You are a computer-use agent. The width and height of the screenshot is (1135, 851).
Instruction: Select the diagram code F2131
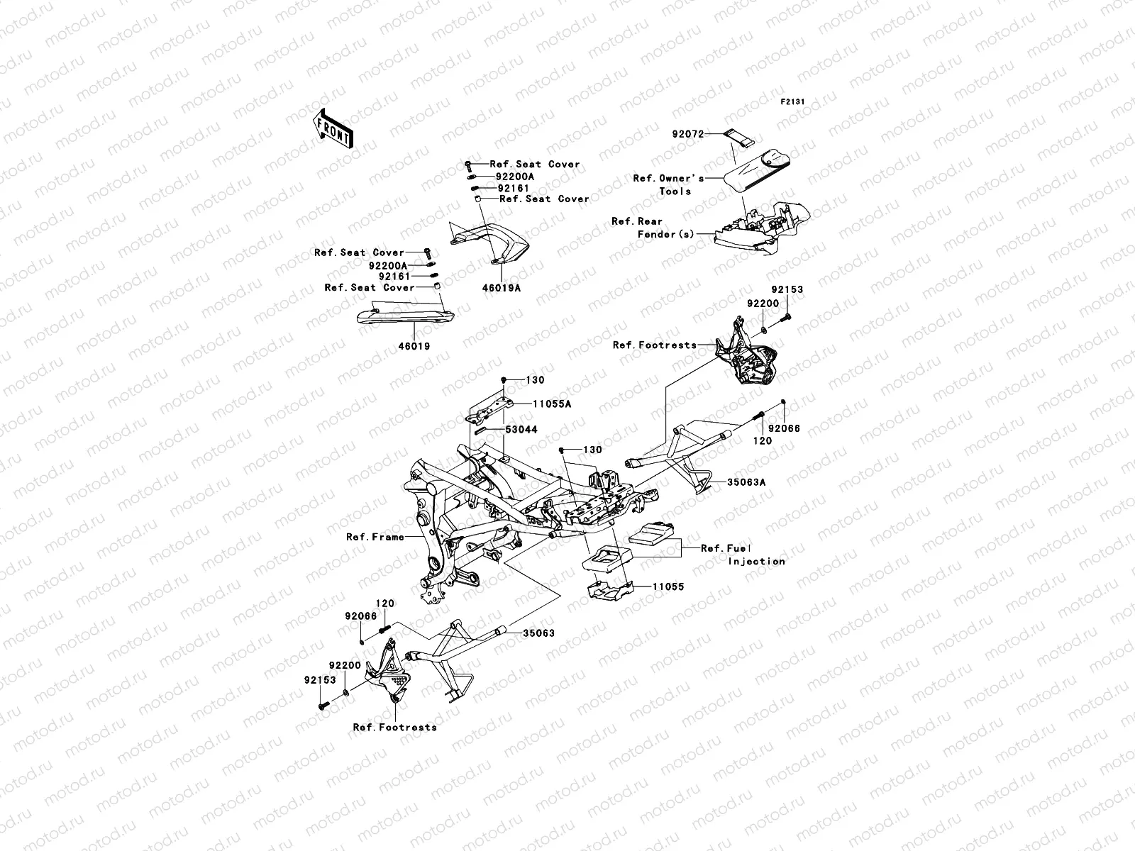tap(793, 102)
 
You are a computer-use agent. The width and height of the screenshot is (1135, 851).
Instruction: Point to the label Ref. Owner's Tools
tap(668, 184)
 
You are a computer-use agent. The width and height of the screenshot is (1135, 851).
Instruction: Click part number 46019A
tap(502, 289)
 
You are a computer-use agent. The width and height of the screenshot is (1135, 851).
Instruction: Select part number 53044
tap(521, 430)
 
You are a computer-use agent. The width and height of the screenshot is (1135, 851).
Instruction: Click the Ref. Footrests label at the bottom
tap(394, 727)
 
